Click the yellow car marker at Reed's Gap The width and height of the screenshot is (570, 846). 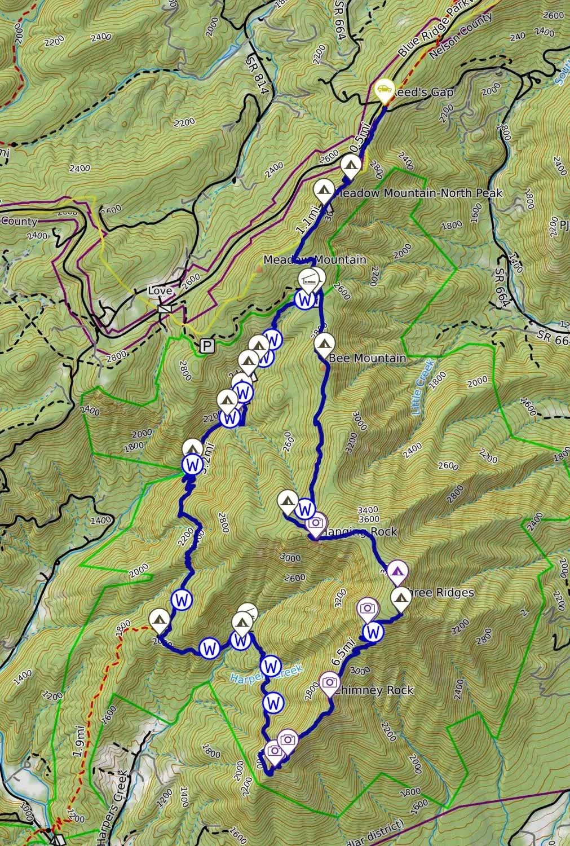coord(384,89)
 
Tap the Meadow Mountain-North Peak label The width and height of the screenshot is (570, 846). coord(418,193)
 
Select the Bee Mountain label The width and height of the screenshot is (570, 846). coord(367,358)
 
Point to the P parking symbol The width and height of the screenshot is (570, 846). coord(207,345)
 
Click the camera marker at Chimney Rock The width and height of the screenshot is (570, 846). coord(330,682)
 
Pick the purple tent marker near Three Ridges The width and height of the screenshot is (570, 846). coord(397,571)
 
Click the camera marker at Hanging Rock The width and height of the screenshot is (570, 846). coord(316,523)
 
